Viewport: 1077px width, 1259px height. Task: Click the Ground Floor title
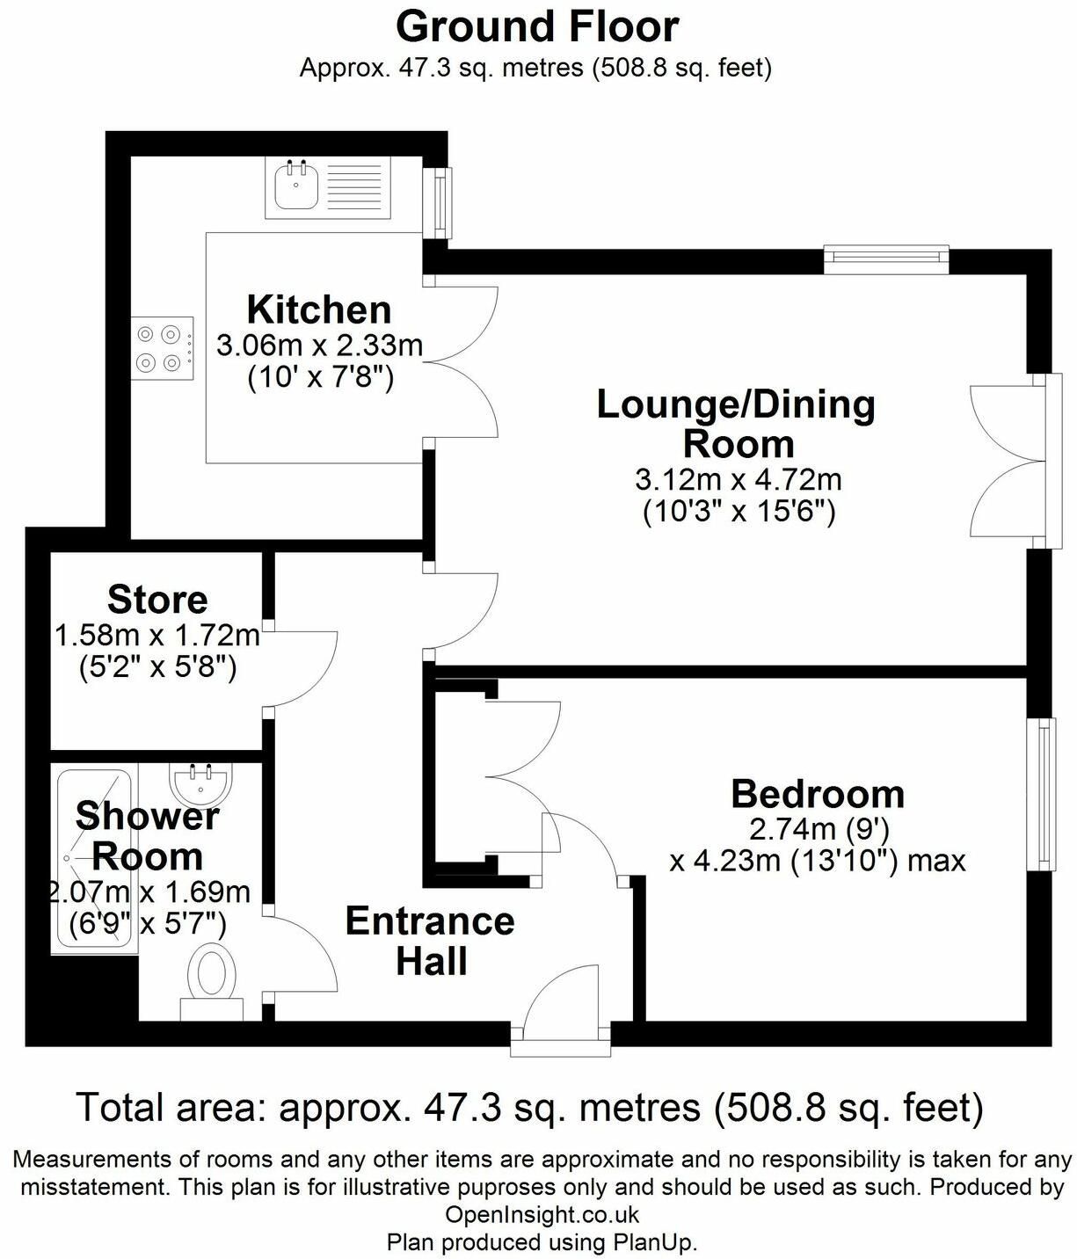pos(537,27)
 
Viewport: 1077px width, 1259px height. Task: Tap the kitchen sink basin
pos(296,185)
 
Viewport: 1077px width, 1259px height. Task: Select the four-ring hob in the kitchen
pos(163,348)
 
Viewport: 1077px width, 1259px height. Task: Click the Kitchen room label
pos(318,310)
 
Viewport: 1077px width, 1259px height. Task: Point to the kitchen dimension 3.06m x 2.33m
pos(320,346)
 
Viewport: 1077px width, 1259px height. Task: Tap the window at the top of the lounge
pos(886,258)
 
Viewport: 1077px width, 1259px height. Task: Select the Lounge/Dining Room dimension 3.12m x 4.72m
pos(739,480)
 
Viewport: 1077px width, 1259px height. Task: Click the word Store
pos(157,600)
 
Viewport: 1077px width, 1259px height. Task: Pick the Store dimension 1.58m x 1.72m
pos(157,636)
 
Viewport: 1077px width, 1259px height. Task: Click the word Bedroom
pos(819,794)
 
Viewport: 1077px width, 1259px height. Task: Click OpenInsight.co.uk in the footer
pos(542,1214)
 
